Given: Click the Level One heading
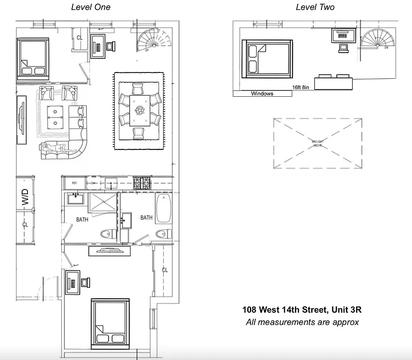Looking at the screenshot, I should click(91, 7).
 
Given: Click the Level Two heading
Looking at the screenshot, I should click(315, 7).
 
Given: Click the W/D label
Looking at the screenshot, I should click(25, 198).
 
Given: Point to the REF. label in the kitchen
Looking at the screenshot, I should click(75, 183).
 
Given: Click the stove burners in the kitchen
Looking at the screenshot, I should click(143, 183).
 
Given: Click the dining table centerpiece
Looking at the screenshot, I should click(140, 109).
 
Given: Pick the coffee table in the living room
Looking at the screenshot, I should click(55, 116).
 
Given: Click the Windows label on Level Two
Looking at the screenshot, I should click(262, 94).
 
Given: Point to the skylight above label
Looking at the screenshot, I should click(318, 143).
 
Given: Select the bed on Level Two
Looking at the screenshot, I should click(267, 59).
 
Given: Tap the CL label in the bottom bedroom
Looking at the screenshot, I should click(165, 270).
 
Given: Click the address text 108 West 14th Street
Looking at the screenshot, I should click(302, 310).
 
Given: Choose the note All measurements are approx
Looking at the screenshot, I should click(302, 322).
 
